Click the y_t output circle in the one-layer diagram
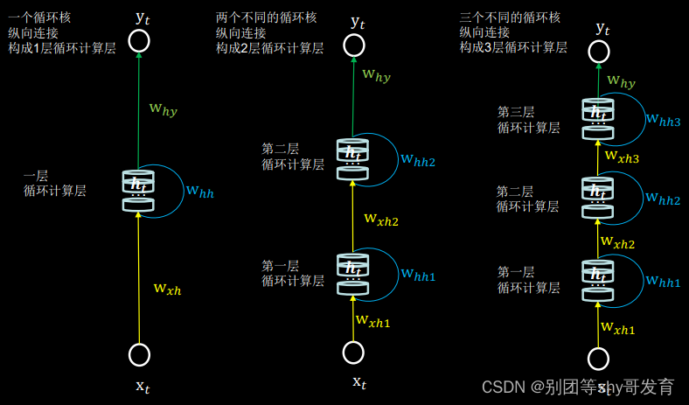[x=138, y=40]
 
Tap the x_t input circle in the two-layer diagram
[x=353, y=352]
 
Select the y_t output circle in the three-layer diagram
[x=598, y=52]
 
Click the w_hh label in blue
[x=199, y=192]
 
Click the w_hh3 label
[x=663, y=120]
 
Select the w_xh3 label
[x=622, y=157]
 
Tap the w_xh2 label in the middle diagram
[x=381, y=220]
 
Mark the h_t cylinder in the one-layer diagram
[x=138, y=191]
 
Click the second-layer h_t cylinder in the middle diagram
[x=353, y=159]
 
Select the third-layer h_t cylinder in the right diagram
[x=598, y=119]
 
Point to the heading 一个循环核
[x=38, y=17]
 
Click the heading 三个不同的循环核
[x=510, y=17]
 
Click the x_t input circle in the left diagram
[x=139, y=354]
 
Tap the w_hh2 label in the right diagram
[x=663, y=199]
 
